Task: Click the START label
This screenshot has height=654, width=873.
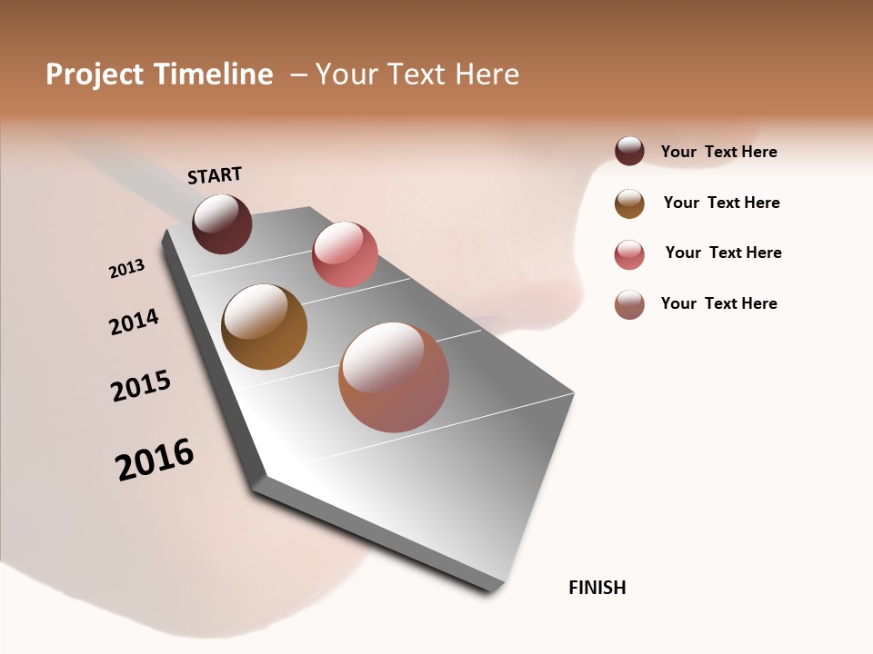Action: click(x=215, y=175)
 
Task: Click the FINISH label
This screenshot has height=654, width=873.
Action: click(x=597, y=588)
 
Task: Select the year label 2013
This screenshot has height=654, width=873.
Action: click(x=126, y=269)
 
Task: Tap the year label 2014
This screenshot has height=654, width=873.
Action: click(x=134, y=322)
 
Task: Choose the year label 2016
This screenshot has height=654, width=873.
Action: click(x=155, y=460)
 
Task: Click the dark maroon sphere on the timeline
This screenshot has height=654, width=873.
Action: click(x=222, y=223)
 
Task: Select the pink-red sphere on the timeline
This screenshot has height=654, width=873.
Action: click(x=345, y=253)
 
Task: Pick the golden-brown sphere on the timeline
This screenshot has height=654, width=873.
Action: click(x=264, y=327)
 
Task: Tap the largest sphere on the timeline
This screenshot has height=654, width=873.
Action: click(x=394, y=377)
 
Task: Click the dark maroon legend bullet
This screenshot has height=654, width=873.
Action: click(x=629, y=151)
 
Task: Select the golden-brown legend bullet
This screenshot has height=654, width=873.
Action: click(x=629, y=203)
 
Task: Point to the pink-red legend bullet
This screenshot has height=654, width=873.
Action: click(x=629, y=254)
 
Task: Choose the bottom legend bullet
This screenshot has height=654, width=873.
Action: click(x=629, y=304)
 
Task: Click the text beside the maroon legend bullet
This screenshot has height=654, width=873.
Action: click(x=718, y=152)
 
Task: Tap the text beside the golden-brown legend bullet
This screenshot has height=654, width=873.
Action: click(x=721, y=203)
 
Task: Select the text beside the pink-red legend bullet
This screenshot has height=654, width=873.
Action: click(x=723, y=253)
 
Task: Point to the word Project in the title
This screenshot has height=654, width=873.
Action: click(x=93, y=74)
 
